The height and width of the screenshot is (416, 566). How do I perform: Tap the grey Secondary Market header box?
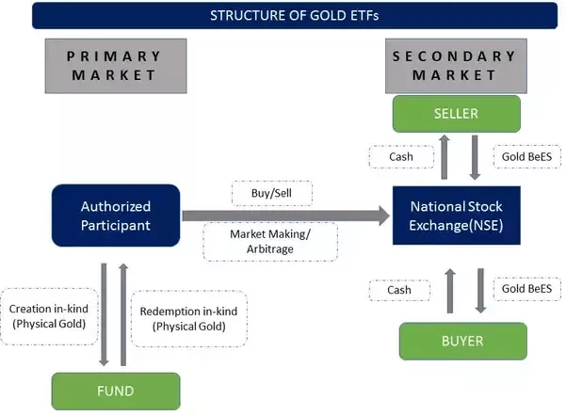pos(456,65)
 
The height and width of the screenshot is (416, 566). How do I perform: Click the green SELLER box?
pos(456,114)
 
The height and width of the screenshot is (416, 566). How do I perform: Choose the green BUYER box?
pos(462,341)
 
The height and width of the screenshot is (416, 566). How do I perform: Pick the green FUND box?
pos(115,391)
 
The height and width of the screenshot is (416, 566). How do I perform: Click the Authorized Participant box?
pos(115,216)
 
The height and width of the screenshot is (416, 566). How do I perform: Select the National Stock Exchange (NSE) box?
pos(456,215)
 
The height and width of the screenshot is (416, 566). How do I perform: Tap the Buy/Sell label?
pos(271,192)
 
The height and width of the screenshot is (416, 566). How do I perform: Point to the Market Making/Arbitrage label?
pos(270,241)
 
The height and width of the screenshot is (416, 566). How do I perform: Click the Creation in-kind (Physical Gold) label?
pos(49,316)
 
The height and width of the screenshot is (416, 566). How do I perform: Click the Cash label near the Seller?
pos(400,157)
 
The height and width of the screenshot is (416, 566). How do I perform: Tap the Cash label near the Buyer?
pos(399,290)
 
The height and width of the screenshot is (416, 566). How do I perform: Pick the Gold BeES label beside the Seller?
pos(526,157)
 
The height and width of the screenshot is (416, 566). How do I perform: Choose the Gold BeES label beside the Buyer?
pos(526,289)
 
